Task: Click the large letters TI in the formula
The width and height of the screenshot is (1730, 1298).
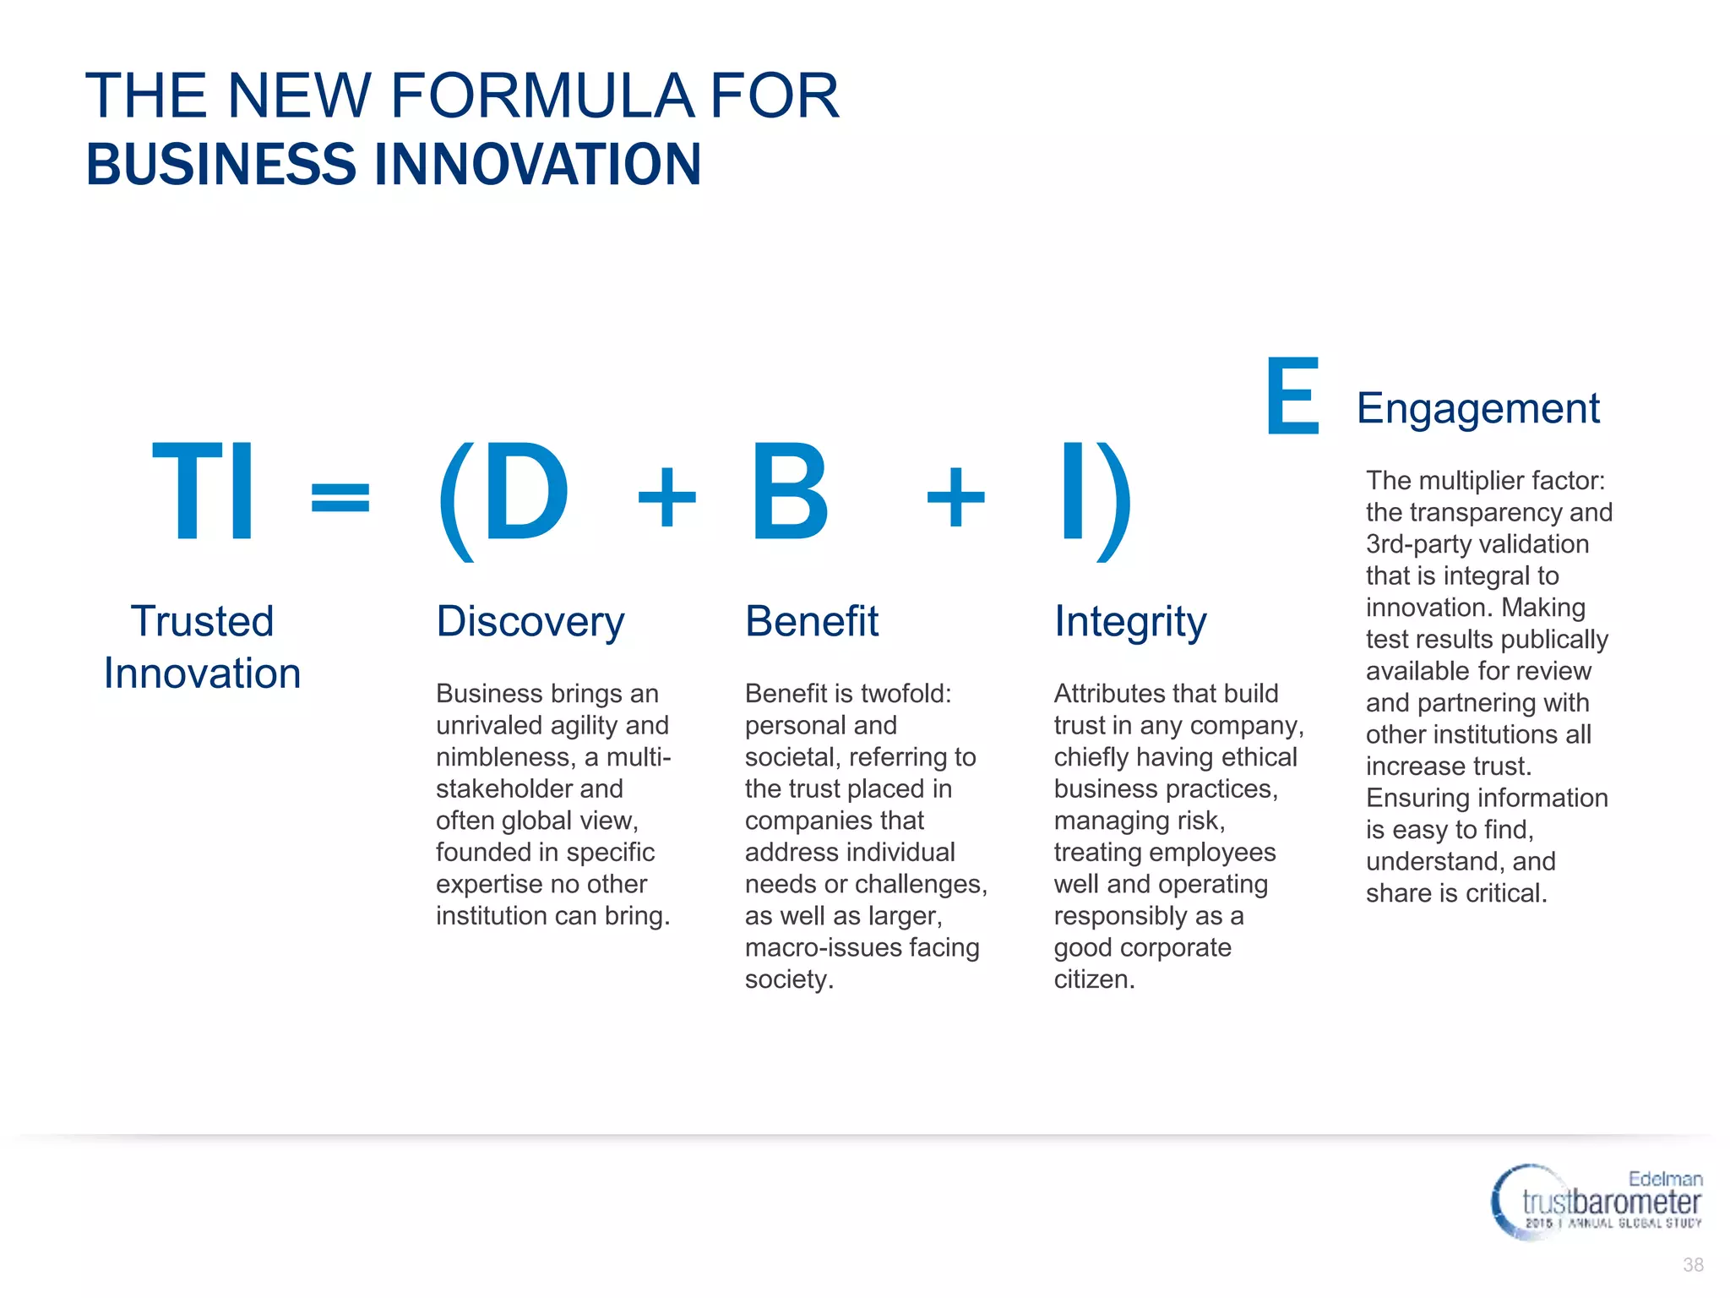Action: [x=203, y=492]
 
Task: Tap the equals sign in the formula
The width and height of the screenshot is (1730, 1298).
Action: [x=340, y=497]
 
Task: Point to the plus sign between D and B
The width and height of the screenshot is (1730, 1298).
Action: [x=666, y=499]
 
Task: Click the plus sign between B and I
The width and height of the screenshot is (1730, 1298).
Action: [x=955, y=499]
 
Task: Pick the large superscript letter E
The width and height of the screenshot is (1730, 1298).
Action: [x=1292, y=395]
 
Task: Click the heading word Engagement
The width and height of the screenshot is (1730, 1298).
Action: [x=1477, y=409]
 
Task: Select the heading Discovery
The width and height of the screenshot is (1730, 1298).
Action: [x=530, y=622]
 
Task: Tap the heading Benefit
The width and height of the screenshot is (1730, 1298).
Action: [x=811, y=622]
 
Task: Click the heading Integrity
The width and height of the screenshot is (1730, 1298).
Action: [x=1129, y=622]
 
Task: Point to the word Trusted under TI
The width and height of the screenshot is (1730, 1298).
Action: [x=202, y=622]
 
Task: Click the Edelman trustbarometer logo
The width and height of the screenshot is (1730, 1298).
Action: [x=1596, y=1202]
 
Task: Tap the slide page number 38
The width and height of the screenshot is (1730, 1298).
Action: [x=1693, y=1265]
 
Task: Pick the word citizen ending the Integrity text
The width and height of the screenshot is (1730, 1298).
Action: [x=1093, y=979]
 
